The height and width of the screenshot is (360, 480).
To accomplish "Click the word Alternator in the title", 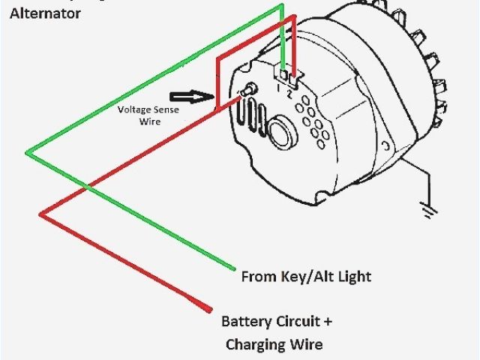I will pyautogui.click(x=45, y=13).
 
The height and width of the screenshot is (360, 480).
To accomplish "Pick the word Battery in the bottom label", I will pyautogui.click(x=244, y=322).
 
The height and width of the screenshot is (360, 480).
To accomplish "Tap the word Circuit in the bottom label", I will pyautogui.click(x=298, y=322).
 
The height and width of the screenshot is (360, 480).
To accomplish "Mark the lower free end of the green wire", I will pyautogui.click(x=235, y=268).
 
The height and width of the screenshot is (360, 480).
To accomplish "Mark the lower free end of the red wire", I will pyautogui.click(x=210, y=309).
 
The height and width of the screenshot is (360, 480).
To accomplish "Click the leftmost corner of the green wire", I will pyautogui.click(x=26, y=153).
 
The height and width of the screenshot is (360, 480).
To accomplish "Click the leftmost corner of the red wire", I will pyautogui.click(x=41, y=214).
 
